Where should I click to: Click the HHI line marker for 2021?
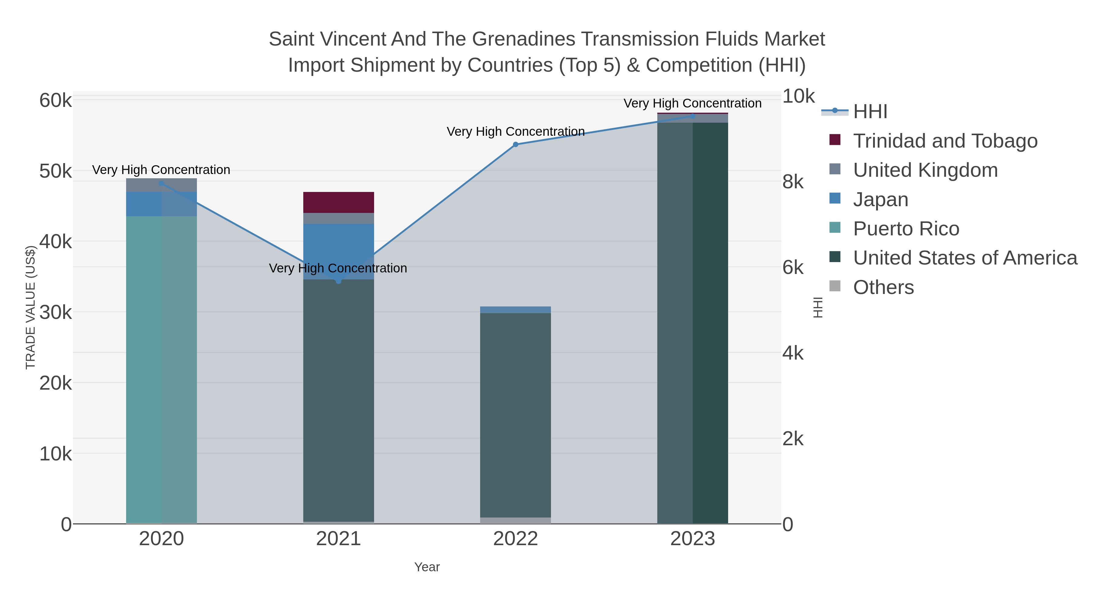339,281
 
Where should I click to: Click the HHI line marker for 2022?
516,144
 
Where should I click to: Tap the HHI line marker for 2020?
161,183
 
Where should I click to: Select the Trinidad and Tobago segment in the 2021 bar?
339,203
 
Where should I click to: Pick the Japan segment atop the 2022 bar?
516,310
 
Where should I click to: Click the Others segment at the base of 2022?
516,520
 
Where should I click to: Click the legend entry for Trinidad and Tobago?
945,141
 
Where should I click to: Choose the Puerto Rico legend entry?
906,229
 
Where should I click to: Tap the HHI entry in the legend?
870,112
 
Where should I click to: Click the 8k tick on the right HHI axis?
793,182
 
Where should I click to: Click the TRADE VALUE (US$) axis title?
31,308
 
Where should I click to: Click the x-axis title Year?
427,567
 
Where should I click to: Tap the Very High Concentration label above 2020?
161,170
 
